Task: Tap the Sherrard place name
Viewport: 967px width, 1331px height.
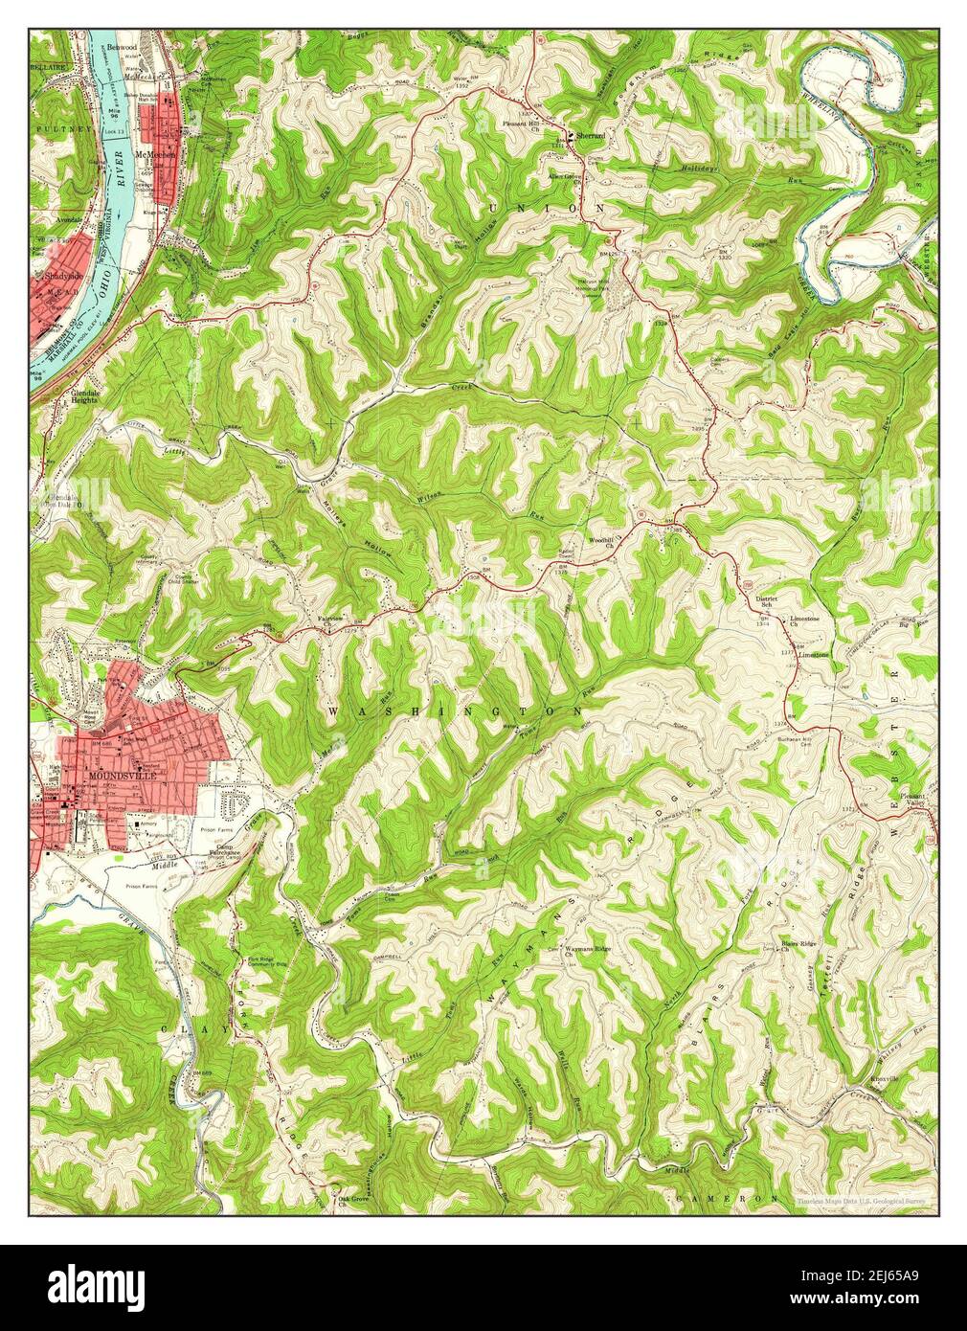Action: (x=590, y=137)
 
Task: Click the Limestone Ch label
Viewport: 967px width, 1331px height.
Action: (x=805, y=622)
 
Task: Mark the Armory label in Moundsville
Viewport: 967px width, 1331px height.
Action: (x=149, y=823)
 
